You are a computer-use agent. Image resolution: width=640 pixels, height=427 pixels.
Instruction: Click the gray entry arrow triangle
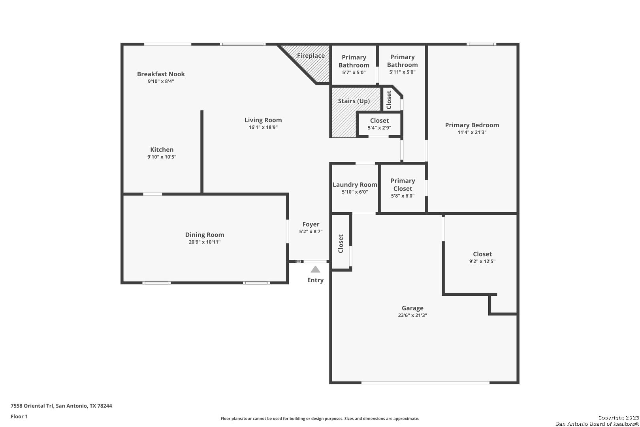[315, 269]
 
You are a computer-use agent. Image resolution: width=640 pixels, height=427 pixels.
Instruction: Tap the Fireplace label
[311, 55]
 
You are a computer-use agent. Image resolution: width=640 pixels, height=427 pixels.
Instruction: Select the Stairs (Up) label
[354, 101]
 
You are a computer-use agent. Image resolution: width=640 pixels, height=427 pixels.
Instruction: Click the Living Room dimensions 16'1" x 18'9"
[263, 127]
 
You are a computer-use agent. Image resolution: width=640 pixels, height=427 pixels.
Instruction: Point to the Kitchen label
[162, 149]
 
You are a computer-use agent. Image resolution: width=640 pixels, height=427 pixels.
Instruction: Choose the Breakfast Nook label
[161, 74]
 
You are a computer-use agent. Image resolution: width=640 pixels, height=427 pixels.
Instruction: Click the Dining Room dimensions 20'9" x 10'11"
[205, 242]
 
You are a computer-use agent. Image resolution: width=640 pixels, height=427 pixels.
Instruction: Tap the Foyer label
[311, 225]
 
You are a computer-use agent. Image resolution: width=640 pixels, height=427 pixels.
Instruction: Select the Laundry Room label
[355, 185]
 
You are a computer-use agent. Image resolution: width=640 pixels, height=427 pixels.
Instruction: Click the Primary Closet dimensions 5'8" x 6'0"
[403, 196]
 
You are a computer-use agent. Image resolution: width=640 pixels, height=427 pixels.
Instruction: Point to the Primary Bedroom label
[472, 125]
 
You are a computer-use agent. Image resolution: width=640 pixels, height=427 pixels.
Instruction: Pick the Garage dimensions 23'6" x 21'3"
[412, 315]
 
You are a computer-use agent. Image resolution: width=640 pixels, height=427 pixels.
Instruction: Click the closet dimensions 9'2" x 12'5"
[482, 261]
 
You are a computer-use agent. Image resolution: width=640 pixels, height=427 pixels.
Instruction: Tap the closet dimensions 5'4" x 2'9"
[379, 128]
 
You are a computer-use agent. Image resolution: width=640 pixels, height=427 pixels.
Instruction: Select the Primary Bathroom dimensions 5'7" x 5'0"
[354, 72]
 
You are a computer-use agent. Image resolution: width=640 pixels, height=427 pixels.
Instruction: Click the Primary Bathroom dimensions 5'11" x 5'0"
[402, 72]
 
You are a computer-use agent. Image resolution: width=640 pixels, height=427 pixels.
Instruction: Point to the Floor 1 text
[19, 416]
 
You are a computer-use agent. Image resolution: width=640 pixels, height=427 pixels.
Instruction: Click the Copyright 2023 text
[618, 418]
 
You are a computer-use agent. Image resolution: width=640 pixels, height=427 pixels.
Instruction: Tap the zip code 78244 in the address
[104, 406]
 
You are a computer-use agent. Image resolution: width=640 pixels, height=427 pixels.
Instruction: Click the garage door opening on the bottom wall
[425, 383]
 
